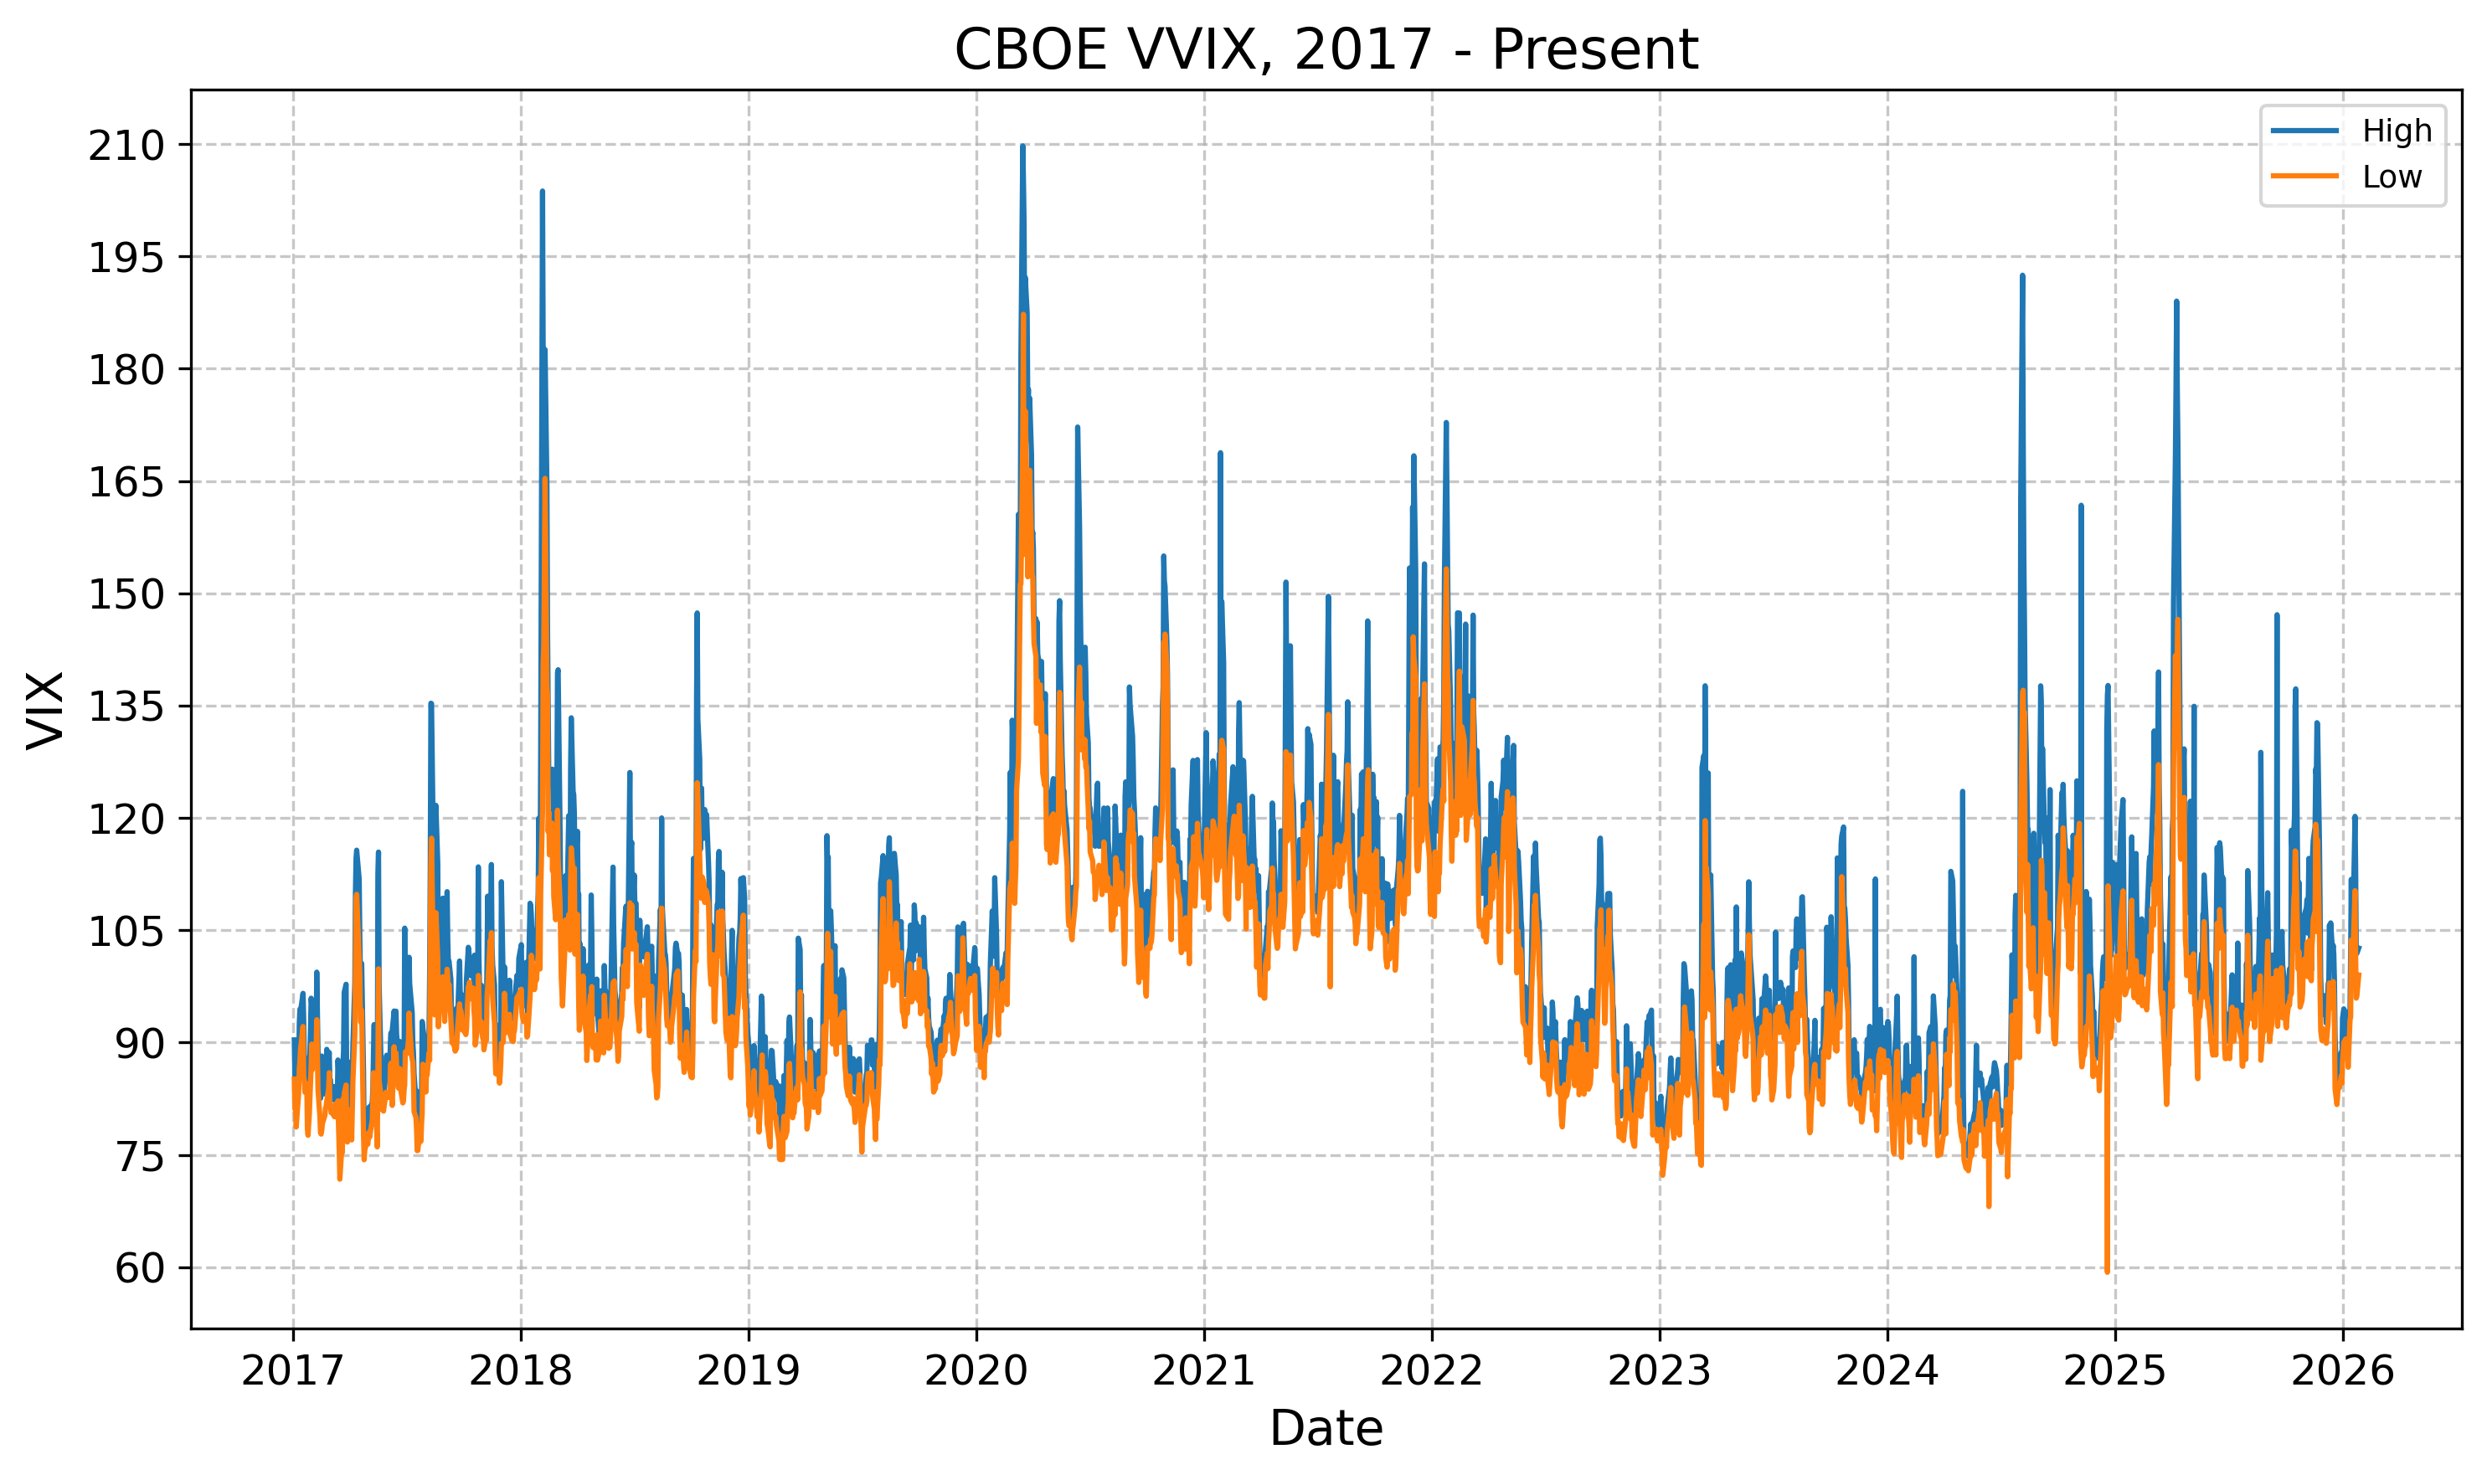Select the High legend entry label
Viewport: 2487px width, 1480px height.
click(2397, 131)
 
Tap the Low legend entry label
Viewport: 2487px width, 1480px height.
click(2392, 177)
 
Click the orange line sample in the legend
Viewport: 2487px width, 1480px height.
click(2304, 177)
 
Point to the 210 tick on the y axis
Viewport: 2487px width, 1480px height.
click(126, 146)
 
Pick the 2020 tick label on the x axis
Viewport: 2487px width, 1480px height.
click(976, 1371)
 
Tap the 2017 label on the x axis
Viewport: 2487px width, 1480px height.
click(292, 1371)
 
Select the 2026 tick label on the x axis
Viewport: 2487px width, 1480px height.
click(2342, 1371)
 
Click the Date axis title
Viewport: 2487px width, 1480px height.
click(1326, 1429)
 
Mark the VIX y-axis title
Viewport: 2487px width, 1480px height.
click(46, 709)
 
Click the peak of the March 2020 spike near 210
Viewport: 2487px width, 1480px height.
click(1022, 146)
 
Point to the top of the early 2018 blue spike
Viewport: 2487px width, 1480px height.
click(542, 192)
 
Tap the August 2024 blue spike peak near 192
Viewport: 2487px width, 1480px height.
click(2022, 276)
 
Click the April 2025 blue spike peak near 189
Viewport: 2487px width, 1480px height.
click(2175, 301)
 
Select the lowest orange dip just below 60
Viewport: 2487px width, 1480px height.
click(2107, 1272)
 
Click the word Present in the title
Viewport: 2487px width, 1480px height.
click(1594, 50)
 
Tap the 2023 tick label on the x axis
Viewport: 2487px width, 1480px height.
click(1659, 1371)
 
